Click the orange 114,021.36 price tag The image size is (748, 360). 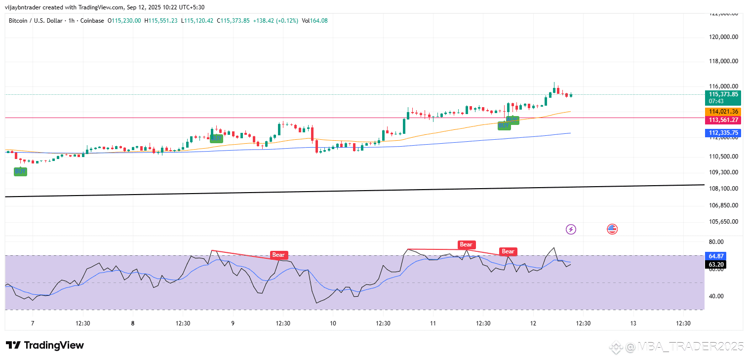tap(723, 112)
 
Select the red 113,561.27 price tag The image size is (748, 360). tap(723, 120)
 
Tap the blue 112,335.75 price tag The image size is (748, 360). tap(723, 133)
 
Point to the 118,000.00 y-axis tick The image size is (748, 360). tap(723, 61)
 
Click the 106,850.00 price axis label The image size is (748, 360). tap(723, 205)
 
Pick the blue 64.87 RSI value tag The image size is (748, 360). tap(716, 256)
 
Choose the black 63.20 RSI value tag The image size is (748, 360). tap(716, 265)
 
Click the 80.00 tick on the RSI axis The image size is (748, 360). tap(716, 241)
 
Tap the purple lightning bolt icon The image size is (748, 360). tap(571, 229)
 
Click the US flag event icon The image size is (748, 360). tap(612, 229)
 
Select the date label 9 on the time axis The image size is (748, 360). tap(233, 323)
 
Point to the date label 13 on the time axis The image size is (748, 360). tap(633, 323)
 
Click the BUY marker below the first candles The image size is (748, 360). tap(20, 171)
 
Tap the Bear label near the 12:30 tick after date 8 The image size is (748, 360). tap(279, 255)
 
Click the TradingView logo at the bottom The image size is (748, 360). tap(45, 345)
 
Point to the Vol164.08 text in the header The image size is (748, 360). tap(315, 21)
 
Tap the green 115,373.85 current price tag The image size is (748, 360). tap(723, 94)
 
